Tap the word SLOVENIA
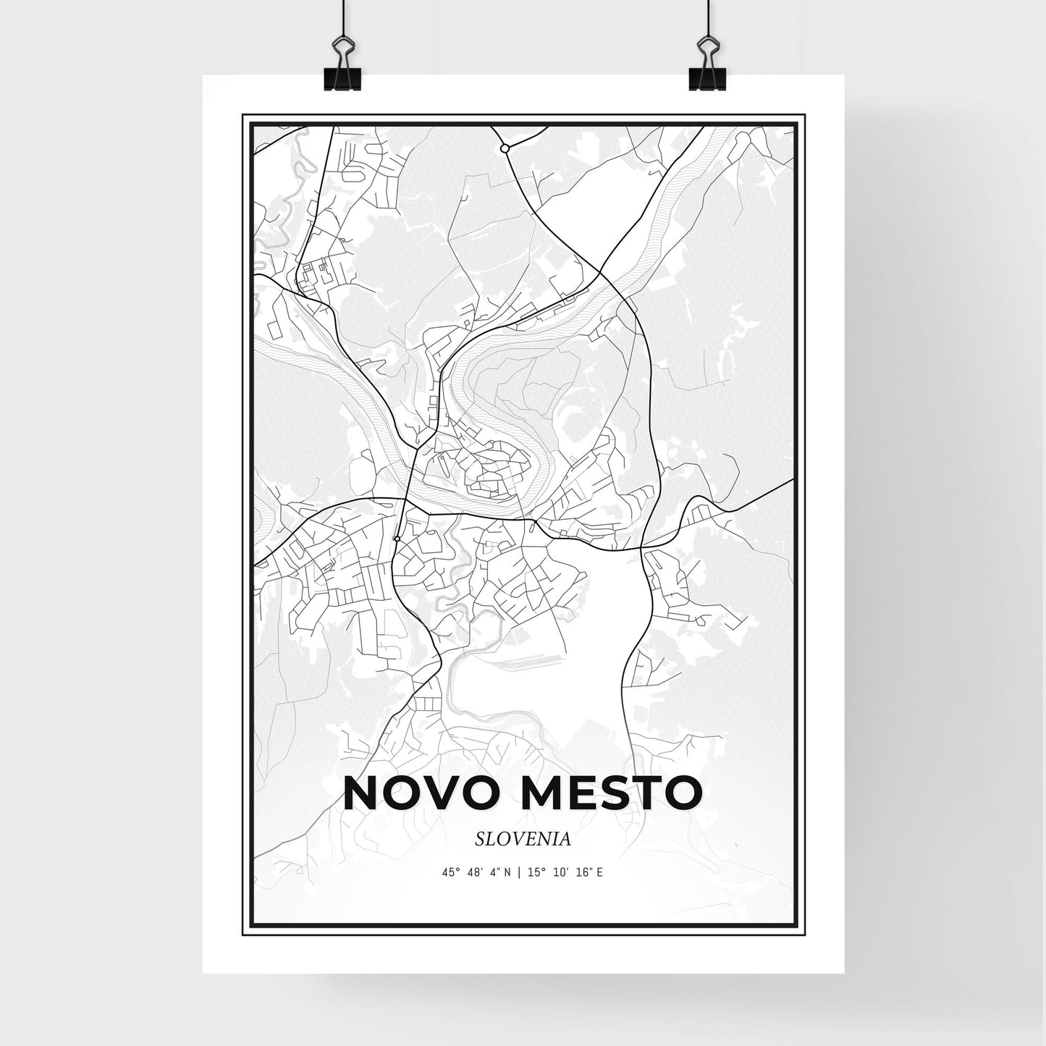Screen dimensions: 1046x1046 pyautogui.click(x=523, y=840)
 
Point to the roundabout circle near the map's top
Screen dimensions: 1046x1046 pyautogui.click(x=505, y=148)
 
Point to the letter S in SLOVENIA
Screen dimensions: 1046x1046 pyautogui.click(x=481, y=840)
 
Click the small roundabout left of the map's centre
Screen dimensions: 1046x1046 pyautogui.click(x=397, y=539)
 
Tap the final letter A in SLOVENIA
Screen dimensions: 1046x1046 pyautogui.click(x=566, y=840)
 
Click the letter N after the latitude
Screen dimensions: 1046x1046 pyautogui.click(x=508, y=873)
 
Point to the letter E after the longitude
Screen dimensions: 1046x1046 pyautogui.click(x=600, y=873)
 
